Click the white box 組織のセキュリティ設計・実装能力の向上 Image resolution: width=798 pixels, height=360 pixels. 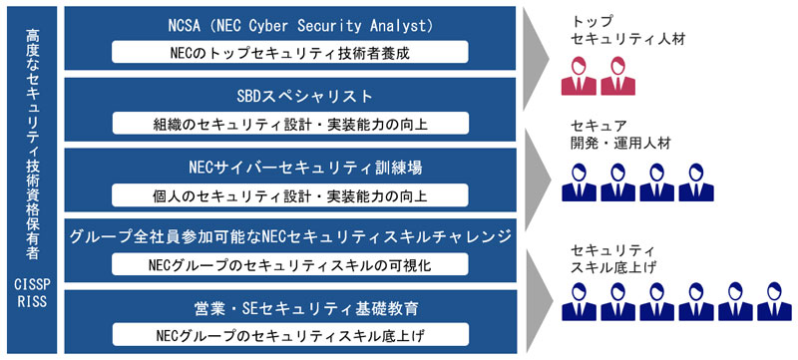(290, 124)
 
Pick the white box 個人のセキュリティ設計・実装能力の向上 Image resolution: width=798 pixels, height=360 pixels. (290, 193)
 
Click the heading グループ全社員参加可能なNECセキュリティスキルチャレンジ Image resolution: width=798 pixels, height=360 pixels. (290, 237)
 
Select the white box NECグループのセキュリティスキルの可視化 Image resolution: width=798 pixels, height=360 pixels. (290, 265)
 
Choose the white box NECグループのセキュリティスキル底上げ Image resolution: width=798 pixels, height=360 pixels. (290, 334)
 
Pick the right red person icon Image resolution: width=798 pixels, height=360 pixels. (613, 77)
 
